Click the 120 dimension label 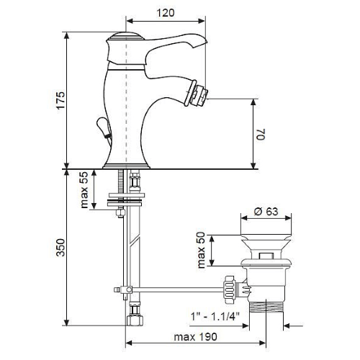click(x=166, y=13)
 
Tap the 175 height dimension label click(x=60, y=100)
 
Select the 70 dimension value click(x=261, y=134)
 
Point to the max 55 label click(x=84, y=189)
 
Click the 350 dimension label click(x=60, y=248)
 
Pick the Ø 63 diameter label click(x=266, y=212)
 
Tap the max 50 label click(x=201, y=250)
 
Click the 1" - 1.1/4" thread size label click(x=215, y=316)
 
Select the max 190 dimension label click(x=195, y=337)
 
